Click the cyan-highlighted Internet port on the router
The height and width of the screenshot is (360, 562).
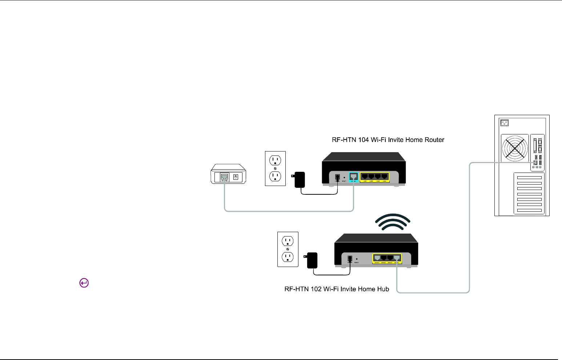point(353,177)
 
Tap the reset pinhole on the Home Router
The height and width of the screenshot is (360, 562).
point(344,178)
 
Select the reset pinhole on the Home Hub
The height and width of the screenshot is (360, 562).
point(357,259)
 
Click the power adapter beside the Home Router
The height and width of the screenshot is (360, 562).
point(299,179)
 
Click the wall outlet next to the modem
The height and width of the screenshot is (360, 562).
point(275,169)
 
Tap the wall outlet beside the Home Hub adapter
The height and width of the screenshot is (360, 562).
point(288,249)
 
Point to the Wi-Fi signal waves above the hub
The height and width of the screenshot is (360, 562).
point(393,222)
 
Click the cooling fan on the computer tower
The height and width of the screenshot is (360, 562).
point(515,148)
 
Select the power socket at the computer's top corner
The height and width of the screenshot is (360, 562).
point(504,123)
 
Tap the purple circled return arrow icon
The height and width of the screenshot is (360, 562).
point(84,283)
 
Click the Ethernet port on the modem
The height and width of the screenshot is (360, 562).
point(225,177)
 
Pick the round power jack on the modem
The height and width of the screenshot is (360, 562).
point(236,177)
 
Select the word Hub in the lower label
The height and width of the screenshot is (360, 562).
point(383,289)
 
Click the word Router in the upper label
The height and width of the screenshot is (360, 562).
point(434,140)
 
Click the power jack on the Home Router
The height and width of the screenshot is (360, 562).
point(337,178)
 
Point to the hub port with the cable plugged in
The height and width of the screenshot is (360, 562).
point(397,258)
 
